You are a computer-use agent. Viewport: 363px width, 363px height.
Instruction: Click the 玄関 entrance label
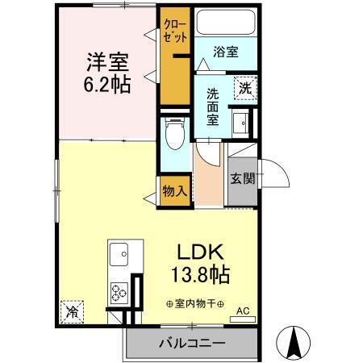pyautogui.click(x=241, y=179)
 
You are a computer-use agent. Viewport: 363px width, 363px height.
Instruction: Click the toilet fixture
pyautogui.click(x=172, y=136)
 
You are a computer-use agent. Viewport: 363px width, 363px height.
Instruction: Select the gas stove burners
pyautogui.click(x=121, y=291)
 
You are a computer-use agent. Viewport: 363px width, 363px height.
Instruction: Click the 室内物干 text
pyautogui.click(x=195, y=304)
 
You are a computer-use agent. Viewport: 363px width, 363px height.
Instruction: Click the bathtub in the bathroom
pyautogui.click(x=227, y=24)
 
